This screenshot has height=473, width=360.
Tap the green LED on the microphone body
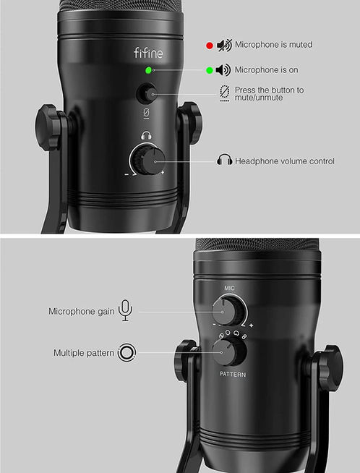pos(147,71)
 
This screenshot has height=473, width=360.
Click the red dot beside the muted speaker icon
pos(209,45)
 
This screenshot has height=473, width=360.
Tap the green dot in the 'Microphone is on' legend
pos(209,70)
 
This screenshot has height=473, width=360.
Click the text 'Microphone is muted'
pos(273,45)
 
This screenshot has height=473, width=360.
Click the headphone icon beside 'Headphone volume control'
pos(224,161)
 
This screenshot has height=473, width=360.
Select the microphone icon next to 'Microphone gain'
pos(126,310)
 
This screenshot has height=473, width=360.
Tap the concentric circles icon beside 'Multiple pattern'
pos(127,353)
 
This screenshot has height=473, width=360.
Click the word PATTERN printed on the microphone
pos(233,375)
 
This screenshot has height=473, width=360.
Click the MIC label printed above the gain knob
pos(230,288)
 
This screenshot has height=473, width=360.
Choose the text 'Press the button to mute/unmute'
pos(269,93)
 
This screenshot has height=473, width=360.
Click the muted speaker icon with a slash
pos(224,45)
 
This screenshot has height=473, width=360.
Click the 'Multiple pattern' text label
pos(84,353)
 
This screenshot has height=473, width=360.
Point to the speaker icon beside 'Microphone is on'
pos(223,70)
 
